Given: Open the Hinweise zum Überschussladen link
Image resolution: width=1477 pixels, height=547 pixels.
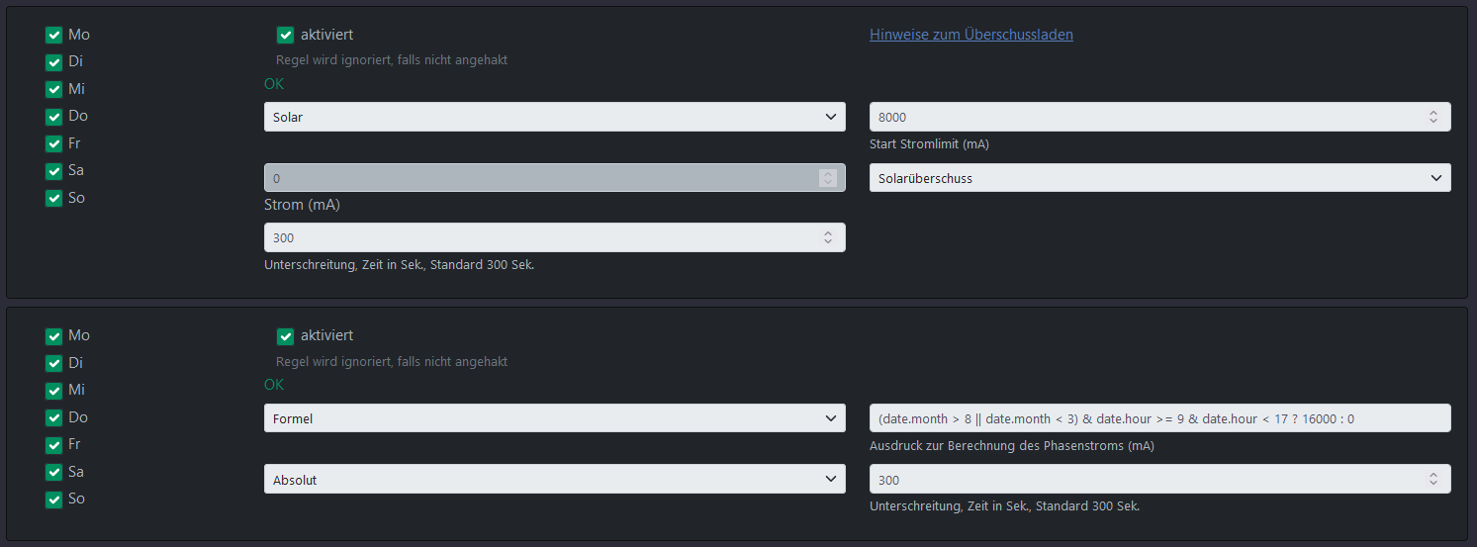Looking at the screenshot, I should point(970,35).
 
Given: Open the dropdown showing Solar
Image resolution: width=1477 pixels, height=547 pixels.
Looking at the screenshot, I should point(554,117).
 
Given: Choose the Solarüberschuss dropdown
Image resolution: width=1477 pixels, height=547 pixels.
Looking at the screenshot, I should point(1159,178).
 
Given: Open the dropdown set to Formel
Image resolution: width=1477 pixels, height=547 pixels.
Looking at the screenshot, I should point(554,418).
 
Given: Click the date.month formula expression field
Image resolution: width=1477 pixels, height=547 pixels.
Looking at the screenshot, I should point(1159,418).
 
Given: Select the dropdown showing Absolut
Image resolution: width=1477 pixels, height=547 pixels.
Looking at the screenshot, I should point(554,480).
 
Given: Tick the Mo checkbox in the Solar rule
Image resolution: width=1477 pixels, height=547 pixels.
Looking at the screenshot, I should point(53,35).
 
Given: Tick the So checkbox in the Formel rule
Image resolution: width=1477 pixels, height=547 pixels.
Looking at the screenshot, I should point(53,500).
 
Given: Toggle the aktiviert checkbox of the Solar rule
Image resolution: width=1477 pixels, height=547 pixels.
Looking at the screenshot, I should point(286,35).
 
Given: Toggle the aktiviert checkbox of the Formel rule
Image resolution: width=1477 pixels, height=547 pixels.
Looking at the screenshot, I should point(286,335).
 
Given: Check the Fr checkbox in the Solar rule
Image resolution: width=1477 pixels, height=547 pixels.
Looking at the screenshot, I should point(53,143).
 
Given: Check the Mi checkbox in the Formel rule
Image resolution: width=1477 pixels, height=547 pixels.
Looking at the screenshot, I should point(53,390).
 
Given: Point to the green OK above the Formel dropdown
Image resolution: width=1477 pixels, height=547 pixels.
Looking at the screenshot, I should point(274,385).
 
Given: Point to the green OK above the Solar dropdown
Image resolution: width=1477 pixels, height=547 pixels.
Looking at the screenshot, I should point(274,84).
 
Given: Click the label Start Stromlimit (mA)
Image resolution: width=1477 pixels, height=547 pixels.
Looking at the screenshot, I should point(929,144).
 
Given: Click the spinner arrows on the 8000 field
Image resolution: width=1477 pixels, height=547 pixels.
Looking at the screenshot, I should point(1433,117).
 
